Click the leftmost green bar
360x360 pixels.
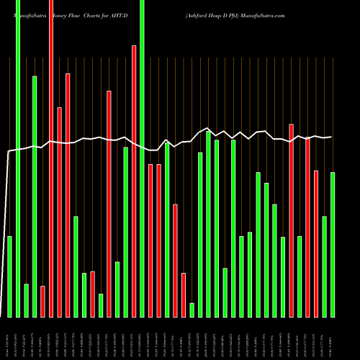point(9,276)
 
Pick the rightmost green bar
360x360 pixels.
point(333,245)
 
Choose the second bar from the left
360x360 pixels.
point(18,158)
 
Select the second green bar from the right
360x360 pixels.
point(324,266)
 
